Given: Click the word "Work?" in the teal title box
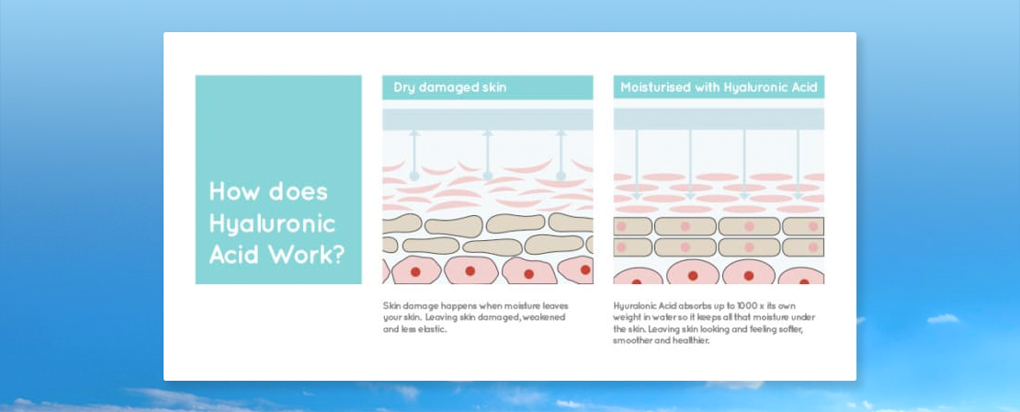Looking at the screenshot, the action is coord(306,255).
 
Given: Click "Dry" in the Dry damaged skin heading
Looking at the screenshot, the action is coord(403,87).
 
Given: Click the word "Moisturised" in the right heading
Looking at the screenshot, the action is coord(656,86).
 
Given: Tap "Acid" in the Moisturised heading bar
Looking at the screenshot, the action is coord(804,86).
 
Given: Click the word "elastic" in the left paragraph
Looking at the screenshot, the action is coord(431,329).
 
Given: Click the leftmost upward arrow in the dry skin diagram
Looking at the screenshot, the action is coord(414,154).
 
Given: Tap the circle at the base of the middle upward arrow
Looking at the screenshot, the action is coord(488,176).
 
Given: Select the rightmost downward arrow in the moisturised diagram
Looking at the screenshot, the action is coord(799,165).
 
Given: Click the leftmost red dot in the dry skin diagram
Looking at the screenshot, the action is coord(415,270).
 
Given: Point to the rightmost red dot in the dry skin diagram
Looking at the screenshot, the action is coord(585,269).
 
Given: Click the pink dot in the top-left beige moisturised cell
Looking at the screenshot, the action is coord(621,226).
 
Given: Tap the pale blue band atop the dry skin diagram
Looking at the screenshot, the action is coord(488,120).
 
